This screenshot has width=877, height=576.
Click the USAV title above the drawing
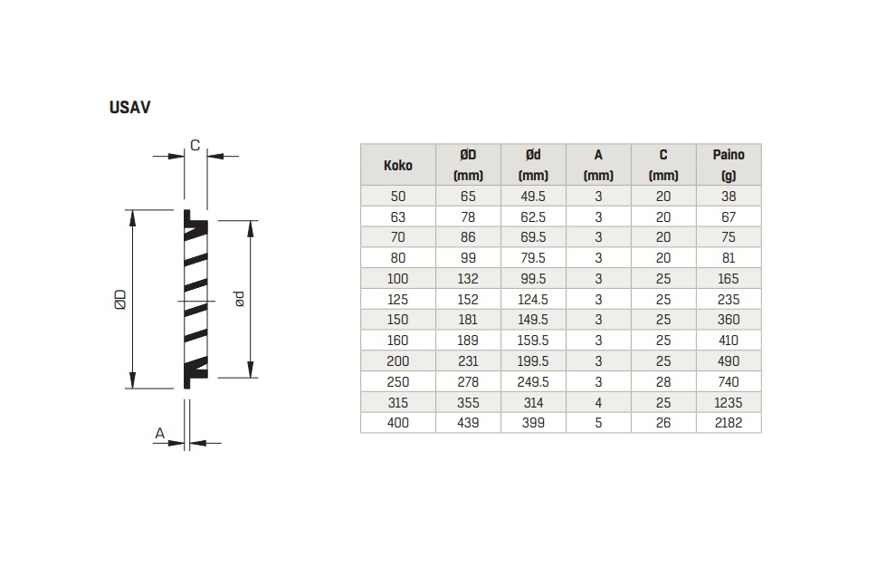(129, 107)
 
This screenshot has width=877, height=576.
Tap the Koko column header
(397, 165)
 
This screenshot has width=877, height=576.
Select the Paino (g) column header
(729, 165)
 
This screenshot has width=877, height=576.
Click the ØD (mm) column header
(468, 165)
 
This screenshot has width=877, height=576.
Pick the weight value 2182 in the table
(729, 423)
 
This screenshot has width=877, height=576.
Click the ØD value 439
(468, 423)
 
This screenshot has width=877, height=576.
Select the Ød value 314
(533, 402)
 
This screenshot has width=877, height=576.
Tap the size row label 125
(397, 300)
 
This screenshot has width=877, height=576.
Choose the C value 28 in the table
(663, 382)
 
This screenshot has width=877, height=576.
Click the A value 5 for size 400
(598, 423)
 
